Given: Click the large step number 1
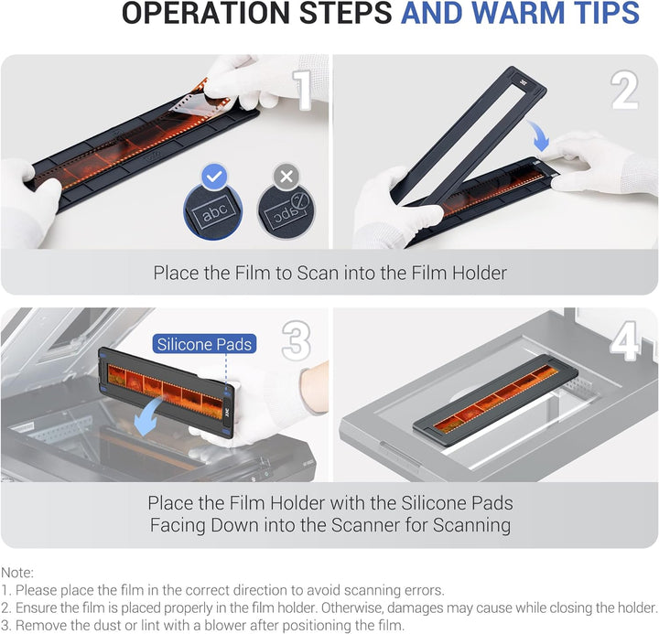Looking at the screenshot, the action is [304, 91].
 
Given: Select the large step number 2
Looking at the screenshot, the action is [624, 90].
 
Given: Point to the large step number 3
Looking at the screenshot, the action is [297, 341].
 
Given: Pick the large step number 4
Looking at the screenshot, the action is [625, 341].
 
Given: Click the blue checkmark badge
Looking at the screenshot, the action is [215, 177].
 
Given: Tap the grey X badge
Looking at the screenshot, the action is [286, 177].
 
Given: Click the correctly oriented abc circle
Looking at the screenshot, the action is [213, 211].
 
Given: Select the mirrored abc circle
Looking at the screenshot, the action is [286, 211].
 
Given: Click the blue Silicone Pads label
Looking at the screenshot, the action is [204, 344].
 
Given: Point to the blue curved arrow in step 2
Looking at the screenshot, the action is [539, 134].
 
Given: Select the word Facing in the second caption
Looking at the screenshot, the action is [178, 525].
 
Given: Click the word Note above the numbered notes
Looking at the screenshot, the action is [16, 573].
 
